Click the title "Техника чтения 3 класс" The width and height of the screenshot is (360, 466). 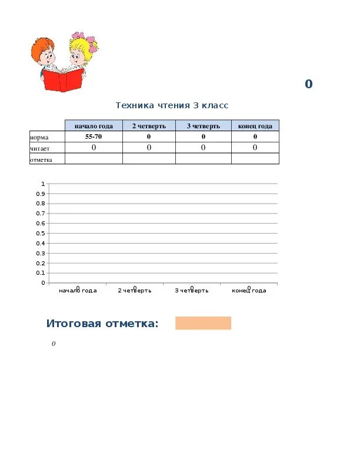coord(172,105)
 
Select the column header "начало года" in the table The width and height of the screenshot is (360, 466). coord(94,126)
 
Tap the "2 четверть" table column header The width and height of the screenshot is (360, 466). coord(149,126)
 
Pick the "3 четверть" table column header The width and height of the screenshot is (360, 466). coord(204,126)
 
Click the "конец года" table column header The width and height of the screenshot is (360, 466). coord(255,126)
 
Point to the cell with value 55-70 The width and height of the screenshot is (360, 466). coord(94,137)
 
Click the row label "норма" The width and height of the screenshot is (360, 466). coord(39,137)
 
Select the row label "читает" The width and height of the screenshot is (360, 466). coord(41,148)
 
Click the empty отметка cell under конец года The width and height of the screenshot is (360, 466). coord(255,159)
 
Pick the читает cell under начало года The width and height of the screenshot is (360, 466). coord(94,148)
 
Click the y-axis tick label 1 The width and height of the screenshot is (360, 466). coord(43,184)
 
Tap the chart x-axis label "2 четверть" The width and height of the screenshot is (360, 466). coord(135,291)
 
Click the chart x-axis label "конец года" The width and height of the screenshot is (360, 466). coord(249,291)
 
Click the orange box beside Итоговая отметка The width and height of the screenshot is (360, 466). coord(203,323)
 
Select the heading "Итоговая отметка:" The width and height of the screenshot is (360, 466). coord(103,324)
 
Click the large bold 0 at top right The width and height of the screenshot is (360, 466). coord(308,84)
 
